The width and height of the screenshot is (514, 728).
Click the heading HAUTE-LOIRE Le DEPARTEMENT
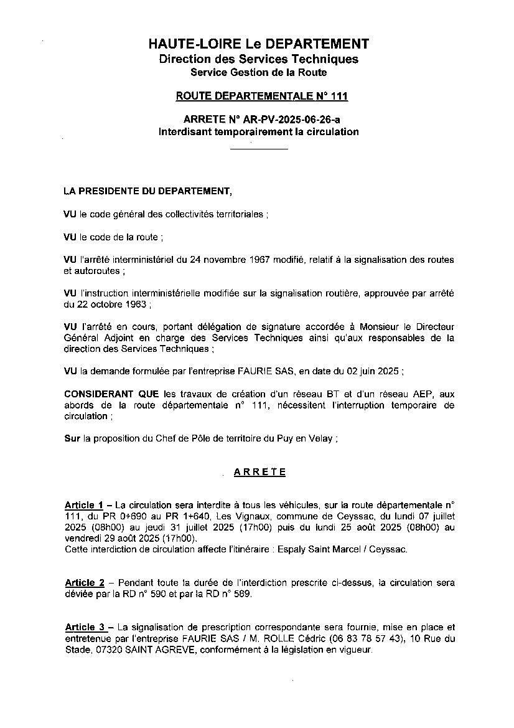pos(258,44)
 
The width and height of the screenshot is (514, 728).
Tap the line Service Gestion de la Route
pos(258,73)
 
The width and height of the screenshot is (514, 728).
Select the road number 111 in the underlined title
pos(339,96)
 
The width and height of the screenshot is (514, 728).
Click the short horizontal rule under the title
pos(259,149)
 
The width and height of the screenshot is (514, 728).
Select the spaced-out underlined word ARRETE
pos(259,472)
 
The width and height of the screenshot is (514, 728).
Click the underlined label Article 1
pos(84,504)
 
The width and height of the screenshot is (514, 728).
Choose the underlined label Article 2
pos(84,583)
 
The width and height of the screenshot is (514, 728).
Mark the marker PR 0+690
pos(130,516)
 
